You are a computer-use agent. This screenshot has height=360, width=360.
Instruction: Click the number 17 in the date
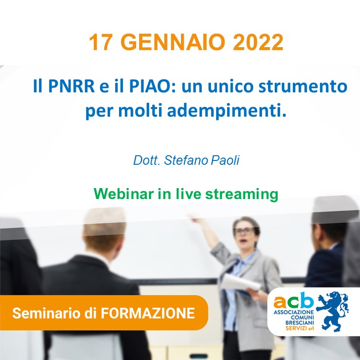(100, 42)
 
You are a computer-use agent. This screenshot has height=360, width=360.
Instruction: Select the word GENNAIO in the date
(173, 42)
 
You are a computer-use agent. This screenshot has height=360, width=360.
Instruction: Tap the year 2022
(258, 42)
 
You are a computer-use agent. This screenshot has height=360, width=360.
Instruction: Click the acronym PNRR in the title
(71, 86)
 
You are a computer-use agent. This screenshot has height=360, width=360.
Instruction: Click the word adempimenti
(227, 111)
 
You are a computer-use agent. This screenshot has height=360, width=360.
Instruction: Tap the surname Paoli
(225, 160)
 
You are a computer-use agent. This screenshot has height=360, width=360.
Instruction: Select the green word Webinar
(124, 194)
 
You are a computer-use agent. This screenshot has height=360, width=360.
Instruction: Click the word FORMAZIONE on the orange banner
(148, 313)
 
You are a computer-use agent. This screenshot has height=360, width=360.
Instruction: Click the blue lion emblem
(332, 311)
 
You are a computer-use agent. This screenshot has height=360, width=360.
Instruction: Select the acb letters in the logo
(293, 301)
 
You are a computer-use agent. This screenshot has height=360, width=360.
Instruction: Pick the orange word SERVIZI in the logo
(296, 328)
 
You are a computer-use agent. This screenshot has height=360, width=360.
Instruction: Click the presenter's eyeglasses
(245, 231)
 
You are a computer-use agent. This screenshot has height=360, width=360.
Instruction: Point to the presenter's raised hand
(194, 219)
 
